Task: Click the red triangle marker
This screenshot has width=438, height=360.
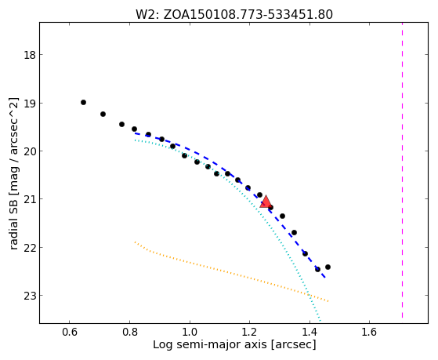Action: point(266,202)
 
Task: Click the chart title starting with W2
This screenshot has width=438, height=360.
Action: point(234,15)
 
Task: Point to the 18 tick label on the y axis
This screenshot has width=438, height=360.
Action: point(30,55)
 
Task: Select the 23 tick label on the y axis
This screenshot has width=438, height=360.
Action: point(30,296)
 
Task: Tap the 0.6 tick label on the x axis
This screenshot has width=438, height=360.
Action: point(69,333)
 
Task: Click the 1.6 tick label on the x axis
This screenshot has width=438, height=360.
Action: point(370,333)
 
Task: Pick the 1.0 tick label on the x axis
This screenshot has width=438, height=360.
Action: point(190,333)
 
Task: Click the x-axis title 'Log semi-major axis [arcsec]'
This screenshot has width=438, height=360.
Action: point(234,344)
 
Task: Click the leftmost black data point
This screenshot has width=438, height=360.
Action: point(83,103)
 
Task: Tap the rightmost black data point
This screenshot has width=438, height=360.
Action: point(328,267)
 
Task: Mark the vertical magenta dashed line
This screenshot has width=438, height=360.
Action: point(402,170)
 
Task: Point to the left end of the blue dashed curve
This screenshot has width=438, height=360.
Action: point(135,133)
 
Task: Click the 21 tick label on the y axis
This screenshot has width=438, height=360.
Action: point(30,199)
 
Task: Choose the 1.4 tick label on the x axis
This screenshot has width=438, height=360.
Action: point(309,333)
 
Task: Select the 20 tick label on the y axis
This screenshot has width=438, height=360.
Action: point(30,151)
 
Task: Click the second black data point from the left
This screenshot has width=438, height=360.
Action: point(103,115)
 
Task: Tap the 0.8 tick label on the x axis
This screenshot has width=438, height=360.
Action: point(129,333)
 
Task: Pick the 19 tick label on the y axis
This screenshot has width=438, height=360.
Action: point(30,104)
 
